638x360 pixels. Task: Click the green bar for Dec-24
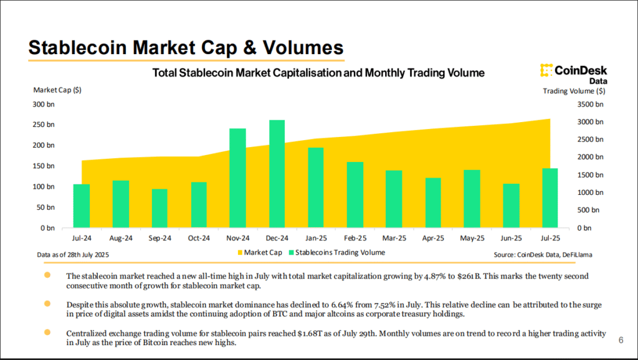coord(277,174)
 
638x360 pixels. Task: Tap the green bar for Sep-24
coord(159,208)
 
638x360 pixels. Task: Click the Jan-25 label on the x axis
coord(316,238)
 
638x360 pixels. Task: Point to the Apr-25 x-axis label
coord(432,238)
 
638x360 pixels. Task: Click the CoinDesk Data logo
coord(573,73)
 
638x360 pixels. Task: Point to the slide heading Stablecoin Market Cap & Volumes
coord(186,48)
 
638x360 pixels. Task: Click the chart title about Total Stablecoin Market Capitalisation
coord(318,73)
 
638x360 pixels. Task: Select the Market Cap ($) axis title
coord(57,90)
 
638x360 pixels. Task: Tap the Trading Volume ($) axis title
coord(574,91)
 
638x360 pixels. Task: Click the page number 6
coord(621,340)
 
